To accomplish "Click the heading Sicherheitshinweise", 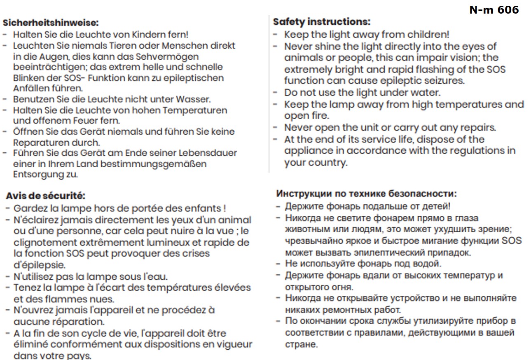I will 51,23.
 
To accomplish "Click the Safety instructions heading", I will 321,21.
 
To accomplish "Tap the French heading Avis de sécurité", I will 45,196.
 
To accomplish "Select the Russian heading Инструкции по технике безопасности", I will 366,193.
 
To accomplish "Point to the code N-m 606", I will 494,10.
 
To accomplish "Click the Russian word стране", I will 300,344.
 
